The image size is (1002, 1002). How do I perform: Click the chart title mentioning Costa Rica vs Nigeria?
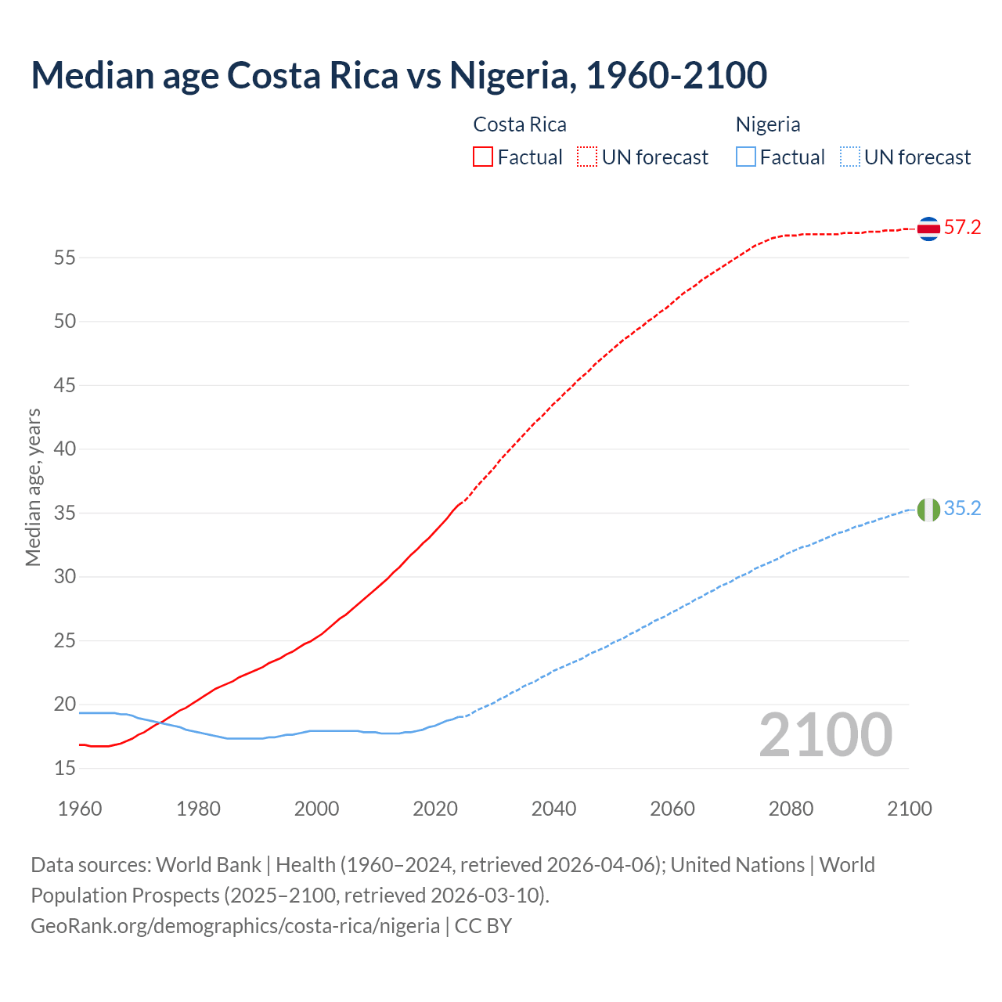point(398,75)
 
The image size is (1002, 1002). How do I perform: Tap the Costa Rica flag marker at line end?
point(928,229)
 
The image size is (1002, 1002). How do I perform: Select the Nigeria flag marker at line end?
point(928,510)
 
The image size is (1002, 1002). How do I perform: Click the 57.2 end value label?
point(962,228)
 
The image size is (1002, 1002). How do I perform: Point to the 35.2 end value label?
point(962,509)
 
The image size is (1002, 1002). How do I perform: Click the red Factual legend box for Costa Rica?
point(483,157)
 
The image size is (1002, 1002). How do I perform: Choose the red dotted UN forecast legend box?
point(587,157)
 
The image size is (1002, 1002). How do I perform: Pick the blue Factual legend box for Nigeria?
point(746,157)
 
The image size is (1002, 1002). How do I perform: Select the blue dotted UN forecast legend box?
point(849,157)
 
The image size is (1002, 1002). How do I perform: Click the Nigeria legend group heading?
point(767,124)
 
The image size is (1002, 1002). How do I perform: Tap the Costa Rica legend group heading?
point(520,124)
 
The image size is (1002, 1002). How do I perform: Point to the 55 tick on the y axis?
point(65,258)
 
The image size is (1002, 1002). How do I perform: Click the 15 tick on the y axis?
point(65,769)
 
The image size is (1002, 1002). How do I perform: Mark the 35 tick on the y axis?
point(65,514)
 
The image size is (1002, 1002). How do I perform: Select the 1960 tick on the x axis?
point(80,809)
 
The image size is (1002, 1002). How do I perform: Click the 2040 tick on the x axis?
point(553,809)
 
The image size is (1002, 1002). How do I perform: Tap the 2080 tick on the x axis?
point(791,809)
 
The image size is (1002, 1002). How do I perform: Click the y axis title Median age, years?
point(33,487)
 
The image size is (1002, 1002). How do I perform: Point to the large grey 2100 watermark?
point(825,735)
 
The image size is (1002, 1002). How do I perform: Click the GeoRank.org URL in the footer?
point(235,926)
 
